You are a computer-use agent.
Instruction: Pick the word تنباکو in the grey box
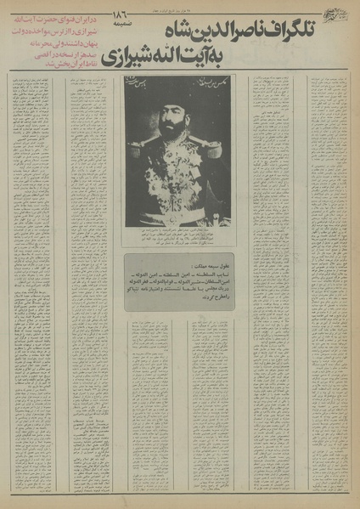137,290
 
